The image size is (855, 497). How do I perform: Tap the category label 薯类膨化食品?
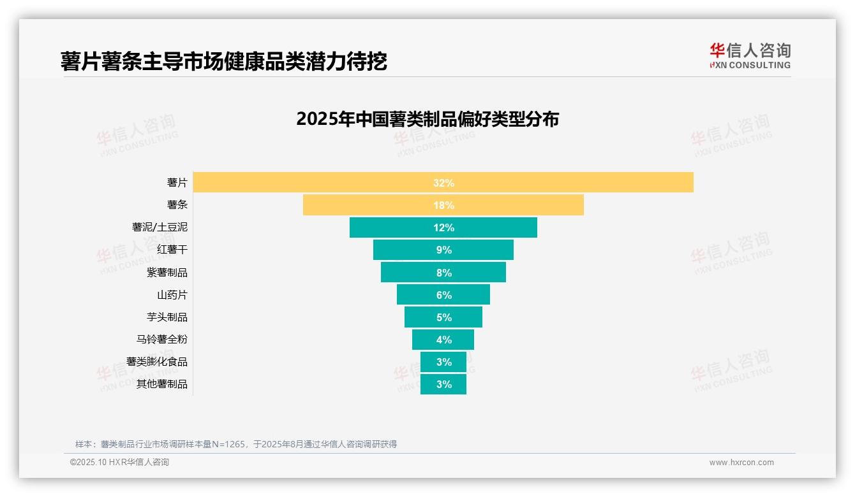tap(157, 362)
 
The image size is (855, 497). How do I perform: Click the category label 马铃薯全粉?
tap(162, 340)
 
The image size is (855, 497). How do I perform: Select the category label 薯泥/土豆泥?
tap(160, 227)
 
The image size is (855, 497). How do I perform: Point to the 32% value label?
tap(443, 183)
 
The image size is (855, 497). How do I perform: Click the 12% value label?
tap(443, 227)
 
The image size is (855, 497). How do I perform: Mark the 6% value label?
tap(443, 295)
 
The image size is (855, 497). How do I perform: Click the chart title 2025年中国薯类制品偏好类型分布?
tap(427, 119)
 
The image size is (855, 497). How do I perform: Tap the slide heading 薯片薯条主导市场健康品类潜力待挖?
tap(224, 62)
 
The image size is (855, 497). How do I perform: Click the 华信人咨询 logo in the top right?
tap(750, 55)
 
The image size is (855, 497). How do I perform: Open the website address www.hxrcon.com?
tap(741, 463)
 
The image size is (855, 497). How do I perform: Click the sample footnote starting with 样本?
tap(236, 444)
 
